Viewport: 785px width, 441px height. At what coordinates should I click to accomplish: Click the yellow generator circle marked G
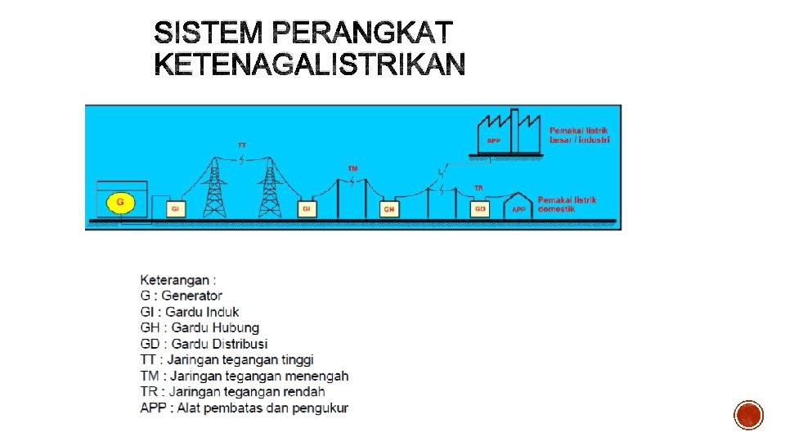pyautogui.click(x=121, y=202)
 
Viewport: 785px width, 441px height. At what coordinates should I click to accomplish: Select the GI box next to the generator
pyautogui.click(x=174, y=209)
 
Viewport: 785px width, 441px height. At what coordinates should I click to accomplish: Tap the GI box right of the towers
pyautogui.click(x=307, y=209)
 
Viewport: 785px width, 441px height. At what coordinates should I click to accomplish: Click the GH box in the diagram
pyautogui.click(x=390, y=209)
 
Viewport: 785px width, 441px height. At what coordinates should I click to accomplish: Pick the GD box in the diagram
pyautogui.click(x=480, y=209)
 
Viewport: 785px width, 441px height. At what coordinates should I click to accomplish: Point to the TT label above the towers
pyautogui.click(x=242, y=145)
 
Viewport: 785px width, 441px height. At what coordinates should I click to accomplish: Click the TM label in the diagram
pyautogui.click(x=352, y=168)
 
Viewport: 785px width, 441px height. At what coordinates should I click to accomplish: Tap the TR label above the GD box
pyautogui.click(x=478, y=189)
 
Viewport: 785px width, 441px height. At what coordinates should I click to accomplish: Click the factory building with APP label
pyautogui.click(x=509, y=132)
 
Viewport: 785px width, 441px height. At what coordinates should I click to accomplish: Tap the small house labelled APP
pyautogui.click(x=518, y=206)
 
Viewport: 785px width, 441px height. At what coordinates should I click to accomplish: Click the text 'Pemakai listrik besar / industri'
pyautogui.click(x=579, y=135)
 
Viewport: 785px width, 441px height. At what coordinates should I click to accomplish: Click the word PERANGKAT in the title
pyautogui.click(x=360, y=33)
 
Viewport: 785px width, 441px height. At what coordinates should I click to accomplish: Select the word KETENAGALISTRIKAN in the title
pyautogui.click(x=310, y=65)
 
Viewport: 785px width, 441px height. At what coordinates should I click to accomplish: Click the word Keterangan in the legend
pyautogui.click(x=173, y=280)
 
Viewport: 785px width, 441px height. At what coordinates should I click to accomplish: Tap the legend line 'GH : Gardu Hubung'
pyautogui.click(x=200, y=327)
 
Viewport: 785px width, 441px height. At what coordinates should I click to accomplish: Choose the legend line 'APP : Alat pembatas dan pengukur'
pyautogui.click(x=244, y=408)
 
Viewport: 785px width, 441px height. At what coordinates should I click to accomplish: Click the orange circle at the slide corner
pyautogui.click(x=749, y=415)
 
